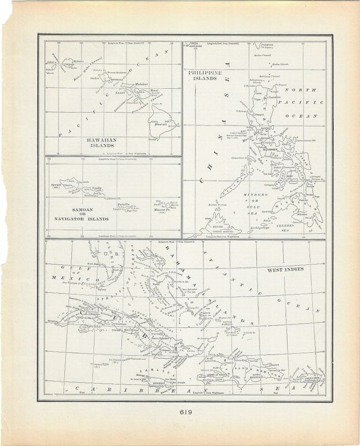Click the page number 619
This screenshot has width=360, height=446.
click(180, 413)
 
